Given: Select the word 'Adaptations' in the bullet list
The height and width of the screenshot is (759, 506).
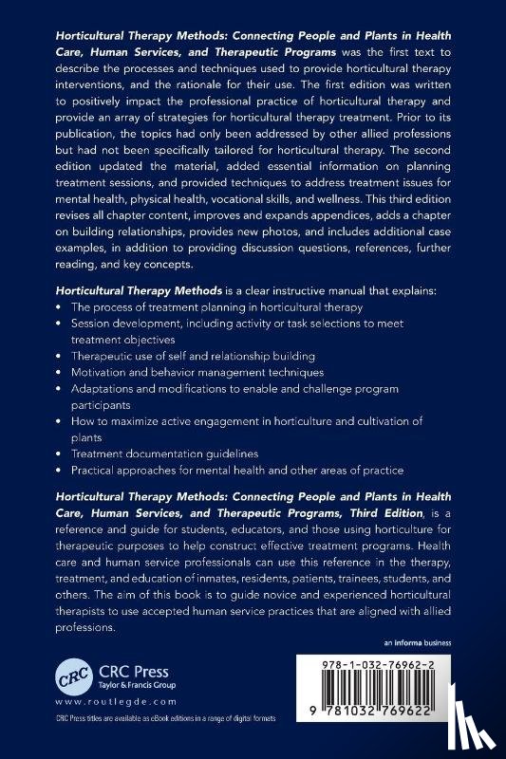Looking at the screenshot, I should [x=107, y=389].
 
